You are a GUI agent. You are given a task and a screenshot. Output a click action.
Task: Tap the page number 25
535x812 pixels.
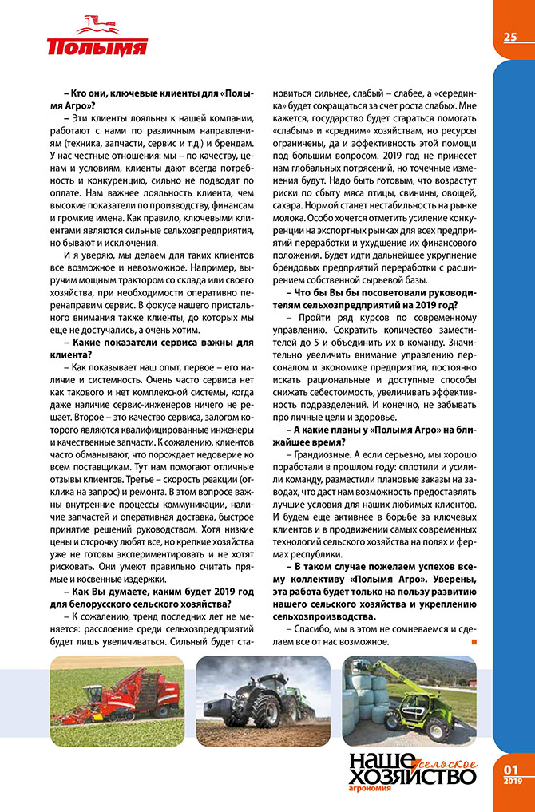(x=510, y=37)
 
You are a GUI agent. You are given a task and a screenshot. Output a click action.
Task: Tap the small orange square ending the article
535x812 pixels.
(x=474, y=641)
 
